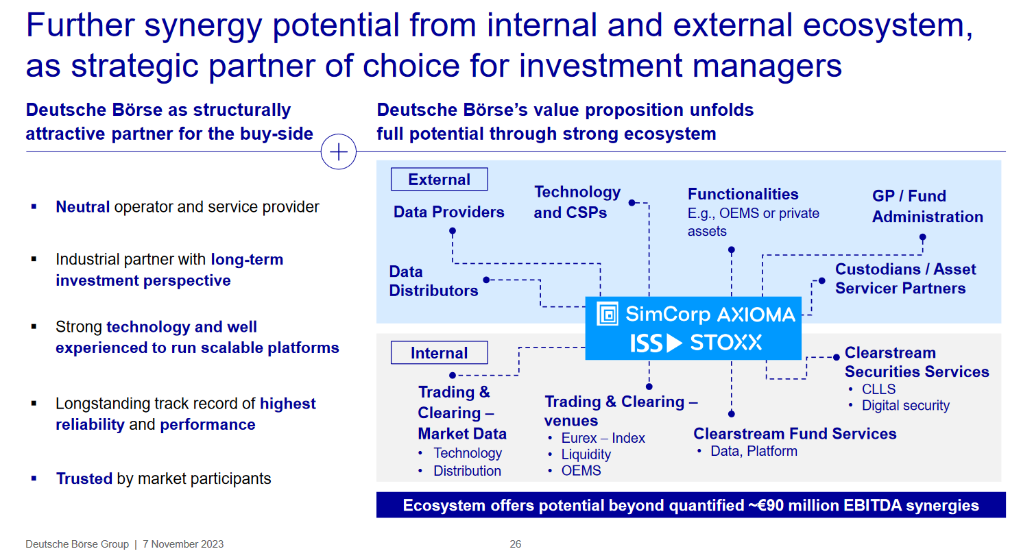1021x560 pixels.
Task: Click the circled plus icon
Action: click(339, 151)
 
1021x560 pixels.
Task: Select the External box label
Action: click(439, 180)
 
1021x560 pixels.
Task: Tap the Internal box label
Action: click(439, 353)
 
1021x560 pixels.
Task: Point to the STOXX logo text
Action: click(726, 343)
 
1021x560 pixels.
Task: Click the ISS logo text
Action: click(646, 343)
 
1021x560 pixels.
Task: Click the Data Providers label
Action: click(448, 212)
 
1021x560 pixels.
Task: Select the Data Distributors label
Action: click(433, 281)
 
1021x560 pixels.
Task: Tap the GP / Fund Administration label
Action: click(927, 206)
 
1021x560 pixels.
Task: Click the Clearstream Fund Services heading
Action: click(795, 434)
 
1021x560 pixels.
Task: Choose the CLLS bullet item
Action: click(878, 389)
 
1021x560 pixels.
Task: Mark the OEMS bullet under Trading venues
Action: click(581, 471)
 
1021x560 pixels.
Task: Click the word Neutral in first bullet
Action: click(83, 207)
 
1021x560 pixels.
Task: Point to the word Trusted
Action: click(84, 478)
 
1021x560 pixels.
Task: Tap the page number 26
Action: click(516, 544)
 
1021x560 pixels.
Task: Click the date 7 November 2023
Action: click(183, 544)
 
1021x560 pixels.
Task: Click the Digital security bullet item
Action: click(905, 406)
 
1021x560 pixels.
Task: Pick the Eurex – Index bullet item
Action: click(603, 438)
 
